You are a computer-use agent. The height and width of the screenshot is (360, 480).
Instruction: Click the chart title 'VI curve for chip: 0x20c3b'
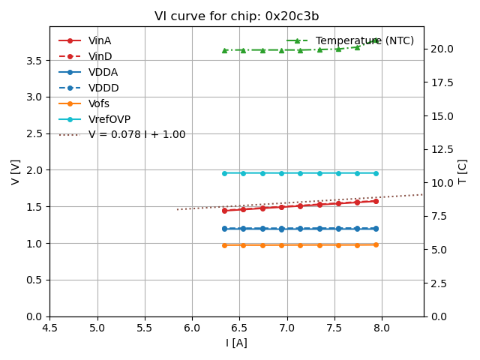[236, 16]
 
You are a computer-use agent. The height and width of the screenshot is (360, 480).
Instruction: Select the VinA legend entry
[100, 40]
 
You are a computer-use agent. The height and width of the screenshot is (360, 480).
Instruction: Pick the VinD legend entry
[100, 56]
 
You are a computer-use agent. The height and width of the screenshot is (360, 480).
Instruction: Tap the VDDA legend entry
[103, 72]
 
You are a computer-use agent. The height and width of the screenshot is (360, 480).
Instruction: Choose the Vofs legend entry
[99, 103]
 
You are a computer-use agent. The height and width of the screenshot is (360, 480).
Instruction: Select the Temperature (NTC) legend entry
[364, 40]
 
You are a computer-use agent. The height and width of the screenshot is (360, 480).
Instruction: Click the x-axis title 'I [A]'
[236, 343]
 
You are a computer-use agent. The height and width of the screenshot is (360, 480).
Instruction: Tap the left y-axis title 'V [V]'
[16, 172]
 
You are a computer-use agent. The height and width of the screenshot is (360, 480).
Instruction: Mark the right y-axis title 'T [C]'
[463, 172]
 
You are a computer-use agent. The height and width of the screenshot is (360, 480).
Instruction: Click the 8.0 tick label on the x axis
[382, 328]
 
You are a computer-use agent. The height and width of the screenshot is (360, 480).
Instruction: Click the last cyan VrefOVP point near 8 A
[376, 173]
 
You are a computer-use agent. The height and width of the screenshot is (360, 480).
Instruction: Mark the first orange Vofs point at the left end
[224, 245]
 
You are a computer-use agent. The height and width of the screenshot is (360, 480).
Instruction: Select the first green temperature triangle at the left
[224, 50]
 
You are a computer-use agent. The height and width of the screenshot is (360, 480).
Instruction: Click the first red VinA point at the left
[224, 211]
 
